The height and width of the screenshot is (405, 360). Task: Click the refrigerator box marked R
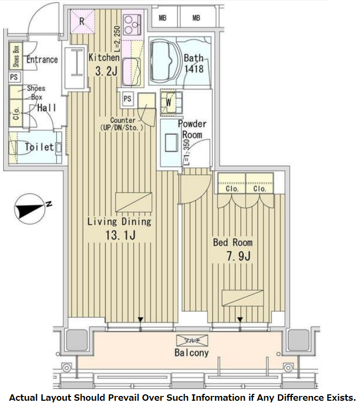click(82, 21)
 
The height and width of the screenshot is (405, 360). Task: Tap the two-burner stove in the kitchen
click(131, 22)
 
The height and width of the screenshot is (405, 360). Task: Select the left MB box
click(163, 18)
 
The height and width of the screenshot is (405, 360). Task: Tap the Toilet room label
click(39, 147)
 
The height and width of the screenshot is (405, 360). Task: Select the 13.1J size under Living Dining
click(119, 235)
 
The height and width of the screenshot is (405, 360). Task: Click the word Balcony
click(191, 352)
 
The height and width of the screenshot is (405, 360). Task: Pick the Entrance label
click(41, 59)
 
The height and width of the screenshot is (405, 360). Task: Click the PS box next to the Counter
click(128, 98)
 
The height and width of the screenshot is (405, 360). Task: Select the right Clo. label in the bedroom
click(259, 188)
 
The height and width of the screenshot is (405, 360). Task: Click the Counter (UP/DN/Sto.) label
click(123, 124)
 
